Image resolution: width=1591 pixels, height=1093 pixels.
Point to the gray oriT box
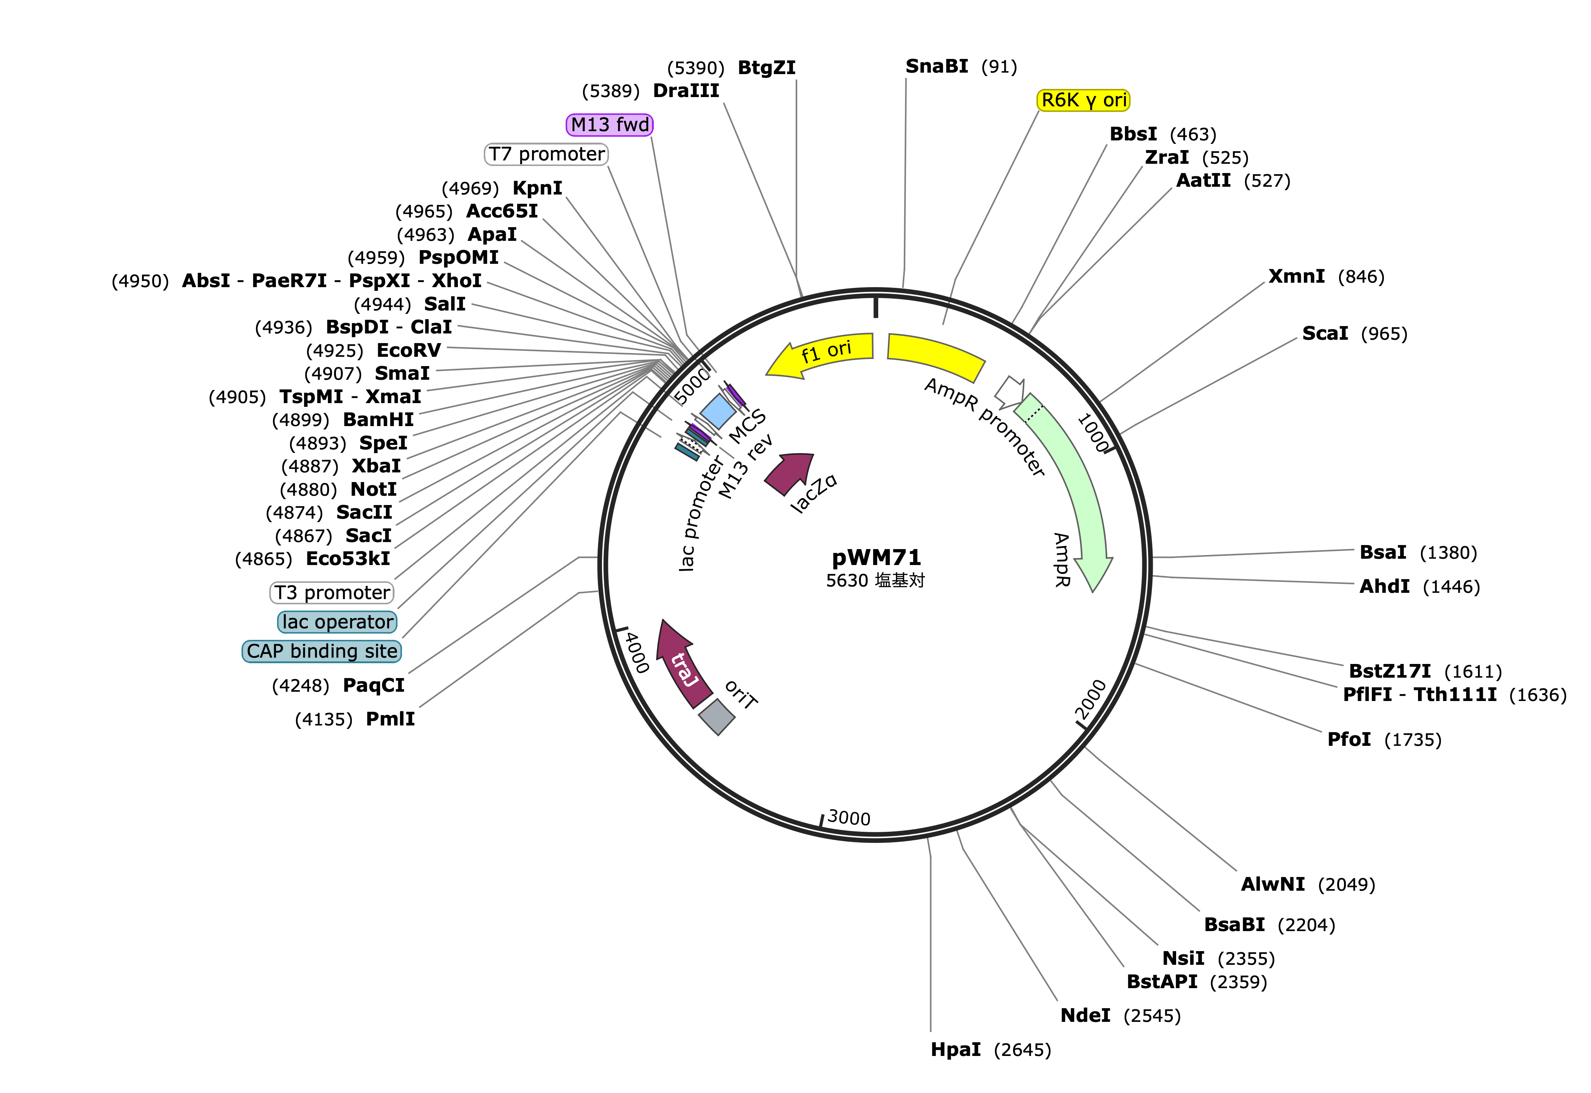click(x=717, y=717)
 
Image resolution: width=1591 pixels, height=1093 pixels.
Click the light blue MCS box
click(x=718, y=411)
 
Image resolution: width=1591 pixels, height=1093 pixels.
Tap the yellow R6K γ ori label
click(x=1083, y=100)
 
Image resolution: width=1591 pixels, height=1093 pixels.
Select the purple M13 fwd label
click(x=609, y=124)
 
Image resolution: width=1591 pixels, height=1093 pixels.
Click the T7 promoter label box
click(x=546, y=154)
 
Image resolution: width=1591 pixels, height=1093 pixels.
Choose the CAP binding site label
click(x=322, y=651)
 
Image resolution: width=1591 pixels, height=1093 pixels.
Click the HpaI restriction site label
click(x=956, y=1049)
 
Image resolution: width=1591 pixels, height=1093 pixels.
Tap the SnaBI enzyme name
click(x=936, y=66)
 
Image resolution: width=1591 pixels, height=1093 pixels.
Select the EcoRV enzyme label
click(x=409, y=351)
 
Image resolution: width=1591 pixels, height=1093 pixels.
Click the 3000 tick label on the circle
click(x=849, y=818)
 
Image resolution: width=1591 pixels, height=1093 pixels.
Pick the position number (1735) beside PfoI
click(x=1413, y=740)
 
